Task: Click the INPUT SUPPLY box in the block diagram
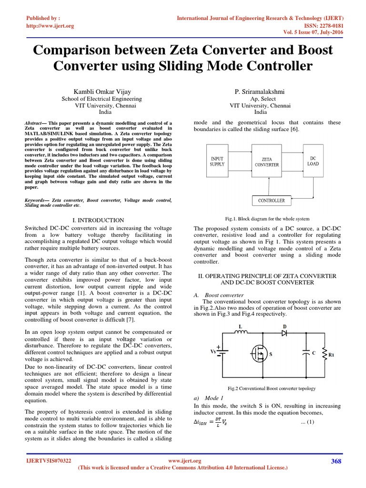coord(217,161)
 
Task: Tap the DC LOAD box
coord(313,161)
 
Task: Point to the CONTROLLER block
coord(271,201)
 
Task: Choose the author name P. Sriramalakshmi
coord(260,91)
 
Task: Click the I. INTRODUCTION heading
coord(98,220)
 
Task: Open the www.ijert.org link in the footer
coord(185,461)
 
